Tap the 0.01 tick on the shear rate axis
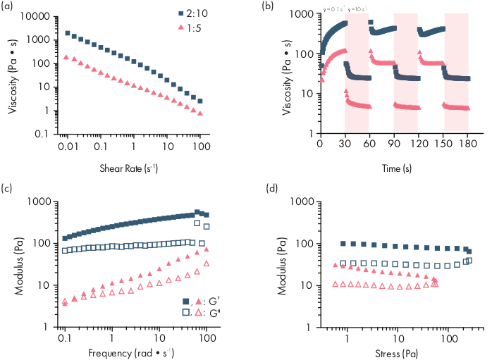click(65, 147)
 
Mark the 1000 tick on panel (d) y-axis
click(308, 201)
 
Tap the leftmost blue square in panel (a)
click(67, 33)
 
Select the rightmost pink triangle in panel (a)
click(201, 113)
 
